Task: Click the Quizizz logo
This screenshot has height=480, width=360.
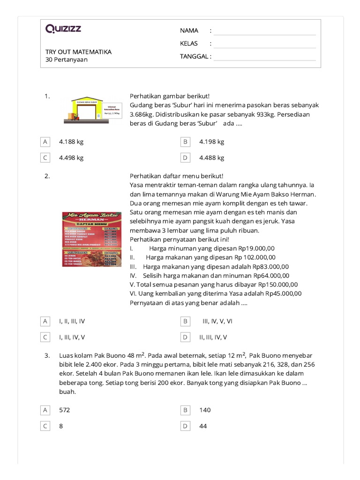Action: (x=63, y=29)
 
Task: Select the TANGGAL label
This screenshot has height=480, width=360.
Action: (x=195, y=57)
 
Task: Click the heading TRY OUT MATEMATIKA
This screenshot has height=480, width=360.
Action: (x=78, y=52)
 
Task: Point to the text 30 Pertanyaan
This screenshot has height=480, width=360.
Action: (x=67, y=60)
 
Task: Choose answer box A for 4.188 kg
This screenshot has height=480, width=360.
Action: (x=45, y=142)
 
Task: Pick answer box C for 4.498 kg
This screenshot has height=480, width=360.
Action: (x=45, y=158)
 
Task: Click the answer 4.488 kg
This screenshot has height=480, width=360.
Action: (x=211, y=158)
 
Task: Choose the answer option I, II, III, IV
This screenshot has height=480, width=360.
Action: (x=72, y=321)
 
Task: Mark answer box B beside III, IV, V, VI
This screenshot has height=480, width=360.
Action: (x=185, y=321)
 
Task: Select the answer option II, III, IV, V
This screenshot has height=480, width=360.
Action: (x=213, y=337)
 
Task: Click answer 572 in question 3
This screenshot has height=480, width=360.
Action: (x=64, y=410)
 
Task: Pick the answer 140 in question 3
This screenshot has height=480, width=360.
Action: (x=205, y=410)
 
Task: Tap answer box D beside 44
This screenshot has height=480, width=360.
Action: (x=185, y=426)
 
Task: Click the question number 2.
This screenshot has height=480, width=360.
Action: (x=47, y=176)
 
